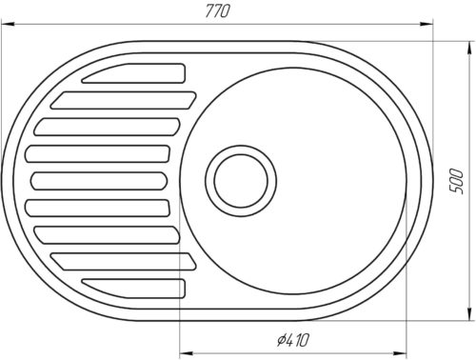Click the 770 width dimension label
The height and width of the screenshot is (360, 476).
(217, 11)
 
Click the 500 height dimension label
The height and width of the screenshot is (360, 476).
(457, 181)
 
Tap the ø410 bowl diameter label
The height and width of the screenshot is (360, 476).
(292, 340)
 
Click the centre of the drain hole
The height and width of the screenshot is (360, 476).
(241, 181)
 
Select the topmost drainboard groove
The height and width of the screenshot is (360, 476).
(133, 73)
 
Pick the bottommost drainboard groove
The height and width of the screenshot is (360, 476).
(133, 289)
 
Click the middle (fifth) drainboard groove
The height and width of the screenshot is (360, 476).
(99, 181)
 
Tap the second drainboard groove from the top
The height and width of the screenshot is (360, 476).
(124, 100)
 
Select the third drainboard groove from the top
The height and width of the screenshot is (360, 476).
(108, 127)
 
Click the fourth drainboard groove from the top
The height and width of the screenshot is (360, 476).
(98, 153)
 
